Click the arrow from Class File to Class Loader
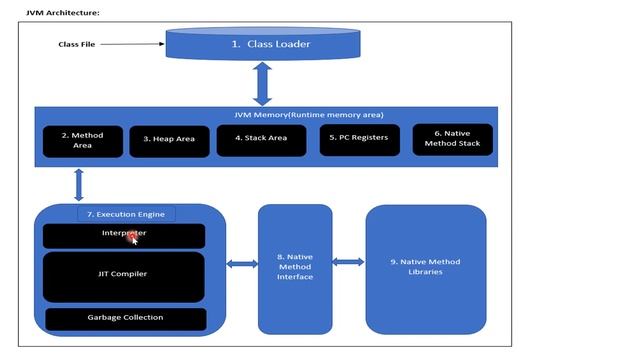coord(132,44)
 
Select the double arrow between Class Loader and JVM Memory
coord(263,83)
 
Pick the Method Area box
coord(82,140)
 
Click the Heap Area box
coord(168,140)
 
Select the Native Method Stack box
coord(453,139)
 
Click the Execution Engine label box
coord(126,214)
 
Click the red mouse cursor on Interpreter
coord(133,237)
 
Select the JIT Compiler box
coord(124,276)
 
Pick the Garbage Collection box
coord(125,318)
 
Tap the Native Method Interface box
coord(295,268)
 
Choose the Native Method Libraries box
coord(425,267)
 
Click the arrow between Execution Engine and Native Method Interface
coord(242,264)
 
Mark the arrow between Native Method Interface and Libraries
coord(348,262)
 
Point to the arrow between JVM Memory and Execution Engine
coord(78,185)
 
